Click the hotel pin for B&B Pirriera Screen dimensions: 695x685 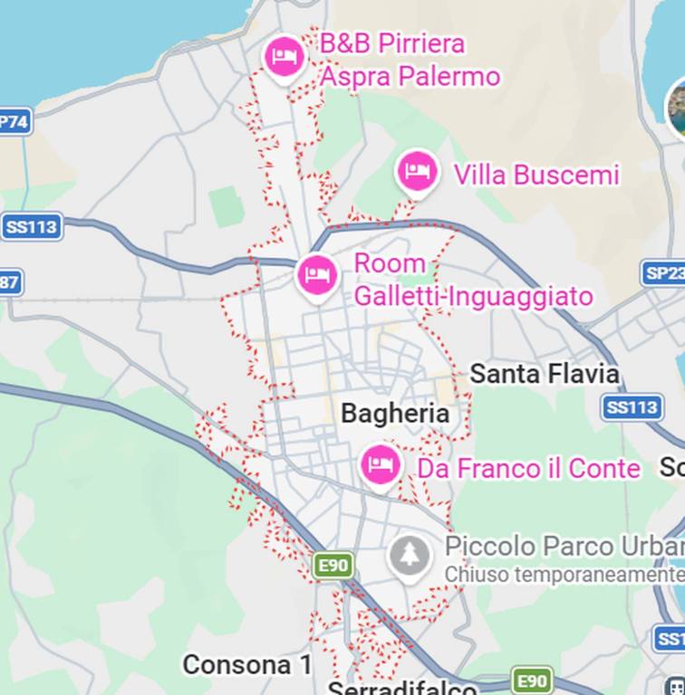(285, 58)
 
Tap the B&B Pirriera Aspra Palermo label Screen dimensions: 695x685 (410, 60)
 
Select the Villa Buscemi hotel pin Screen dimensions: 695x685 (417, 171)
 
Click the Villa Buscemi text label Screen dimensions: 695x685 (536, 175)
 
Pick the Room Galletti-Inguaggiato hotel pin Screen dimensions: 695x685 (317, 273)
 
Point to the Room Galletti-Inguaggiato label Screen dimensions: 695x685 (473, 280)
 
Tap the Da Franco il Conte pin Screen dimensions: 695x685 (381, 464)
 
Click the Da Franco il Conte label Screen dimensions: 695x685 (528, 469)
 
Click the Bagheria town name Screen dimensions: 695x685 (395, 414)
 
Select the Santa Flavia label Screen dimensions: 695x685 (545, 374)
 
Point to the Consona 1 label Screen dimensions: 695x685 (247, 665)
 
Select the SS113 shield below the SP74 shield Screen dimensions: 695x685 (31, 226)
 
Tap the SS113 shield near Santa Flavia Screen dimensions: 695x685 (632, 407)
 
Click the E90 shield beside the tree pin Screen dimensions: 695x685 (333, 566)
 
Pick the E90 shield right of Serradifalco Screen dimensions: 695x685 (532, 681)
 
